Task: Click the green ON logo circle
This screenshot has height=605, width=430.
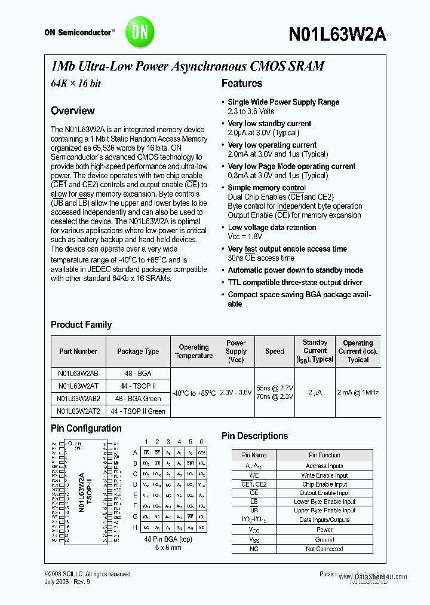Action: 139,32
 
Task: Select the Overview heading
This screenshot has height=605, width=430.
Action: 72,111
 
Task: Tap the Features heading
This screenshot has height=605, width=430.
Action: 242,84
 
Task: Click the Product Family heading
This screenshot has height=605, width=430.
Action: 81,325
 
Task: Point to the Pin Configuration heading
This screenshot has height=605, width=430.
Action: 86,428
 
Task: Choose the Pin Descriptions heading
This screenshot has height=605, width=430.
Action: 254,436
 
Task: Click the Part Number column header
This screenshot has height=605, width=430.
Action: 78,352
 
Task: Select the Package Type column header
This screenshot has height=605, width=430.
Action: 138,352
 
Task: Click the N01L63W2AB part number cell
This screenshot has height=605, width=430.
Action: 78,372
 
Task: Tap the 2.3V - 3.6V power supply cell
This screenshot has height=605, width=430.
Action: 235,392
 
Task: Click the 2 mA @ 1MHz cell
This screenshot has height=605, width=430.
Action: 358,392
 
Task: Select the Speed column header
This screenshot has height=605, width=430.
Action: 275,352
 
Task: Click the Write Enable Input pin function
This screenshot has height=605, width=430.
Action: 324,475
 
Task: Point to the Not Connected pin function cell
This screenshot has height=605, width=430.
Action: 324,549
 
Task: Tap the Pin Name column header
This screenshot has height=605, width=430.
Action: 254,455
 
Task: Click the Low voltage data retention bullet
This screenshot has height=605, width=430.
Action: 272,227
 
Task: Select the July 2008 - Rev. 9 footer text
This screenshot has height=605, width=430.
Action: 67,582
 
